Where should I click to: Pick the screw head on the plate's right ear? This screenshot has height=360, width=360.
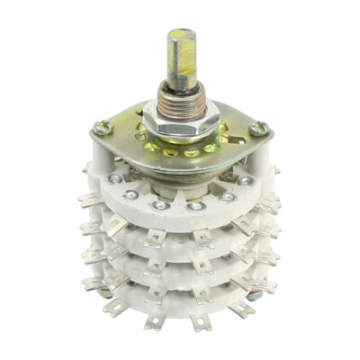(x=261, y=130)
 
